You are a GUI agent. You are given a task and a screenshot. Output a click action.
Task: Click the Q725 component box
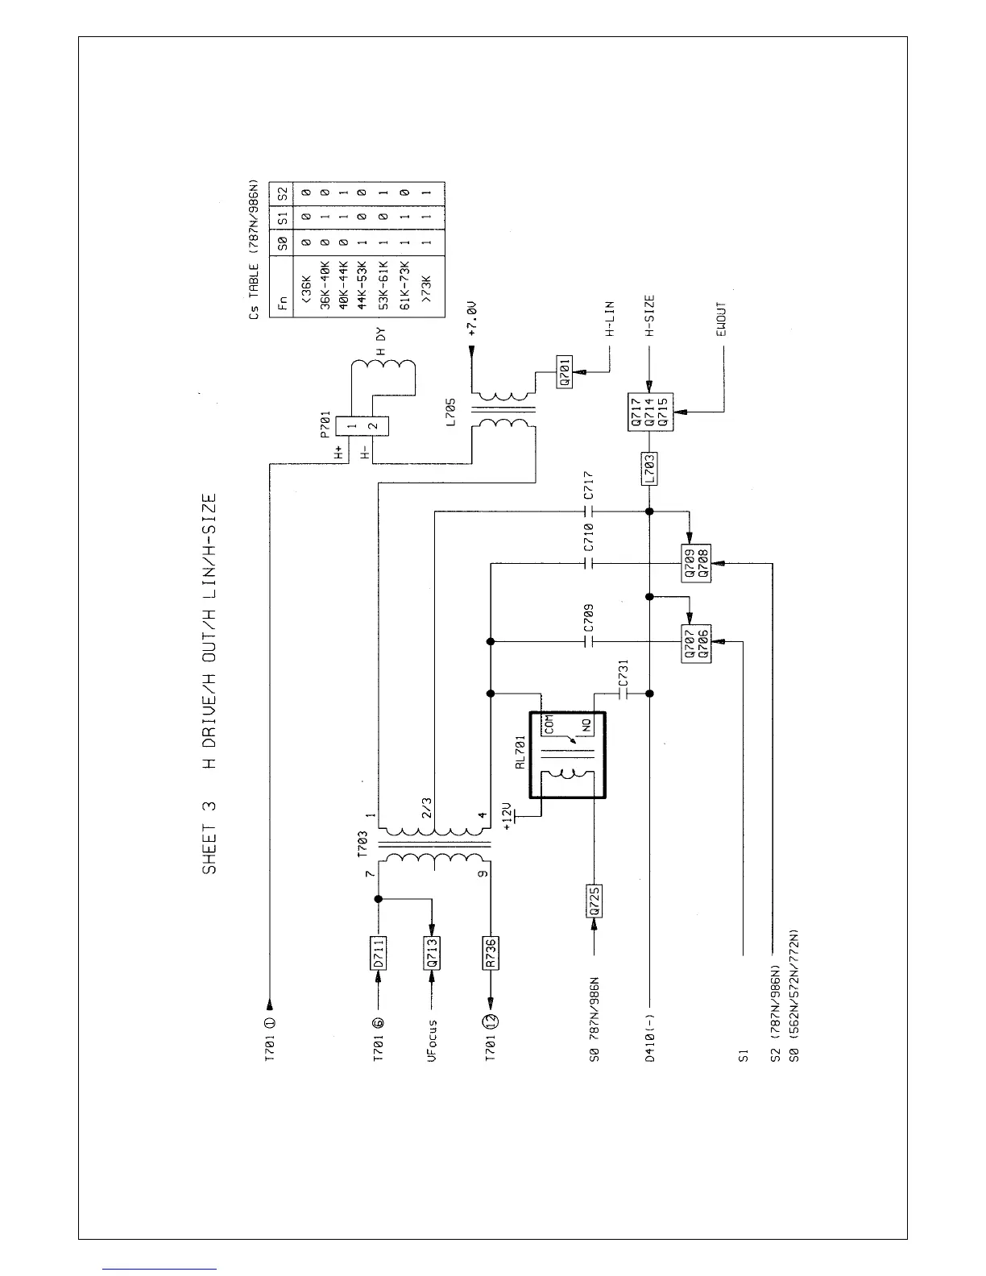(x=592, y=902)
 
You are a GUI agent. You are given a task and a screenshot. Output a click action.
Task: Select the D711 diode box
(x=379, y=954)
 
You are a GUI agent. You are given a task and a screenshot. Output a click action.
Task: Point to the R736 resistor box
(x=491, y=954)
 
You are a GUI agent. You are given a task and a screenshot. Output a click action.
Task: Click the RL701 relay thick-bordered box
(x=566, y=755)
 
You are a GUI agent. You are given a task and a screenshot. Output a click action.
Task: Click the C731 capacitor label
(x=622, y=673)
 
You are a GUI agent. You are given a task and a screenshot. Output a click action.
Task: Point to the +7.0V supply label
(x=473, y=320)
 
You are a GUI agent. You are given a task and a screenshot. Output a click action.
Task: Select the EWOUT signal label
(x=722, y=320)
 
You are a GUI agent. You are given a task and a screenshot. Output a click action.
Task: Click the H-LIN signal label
(x=610, y=318)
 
